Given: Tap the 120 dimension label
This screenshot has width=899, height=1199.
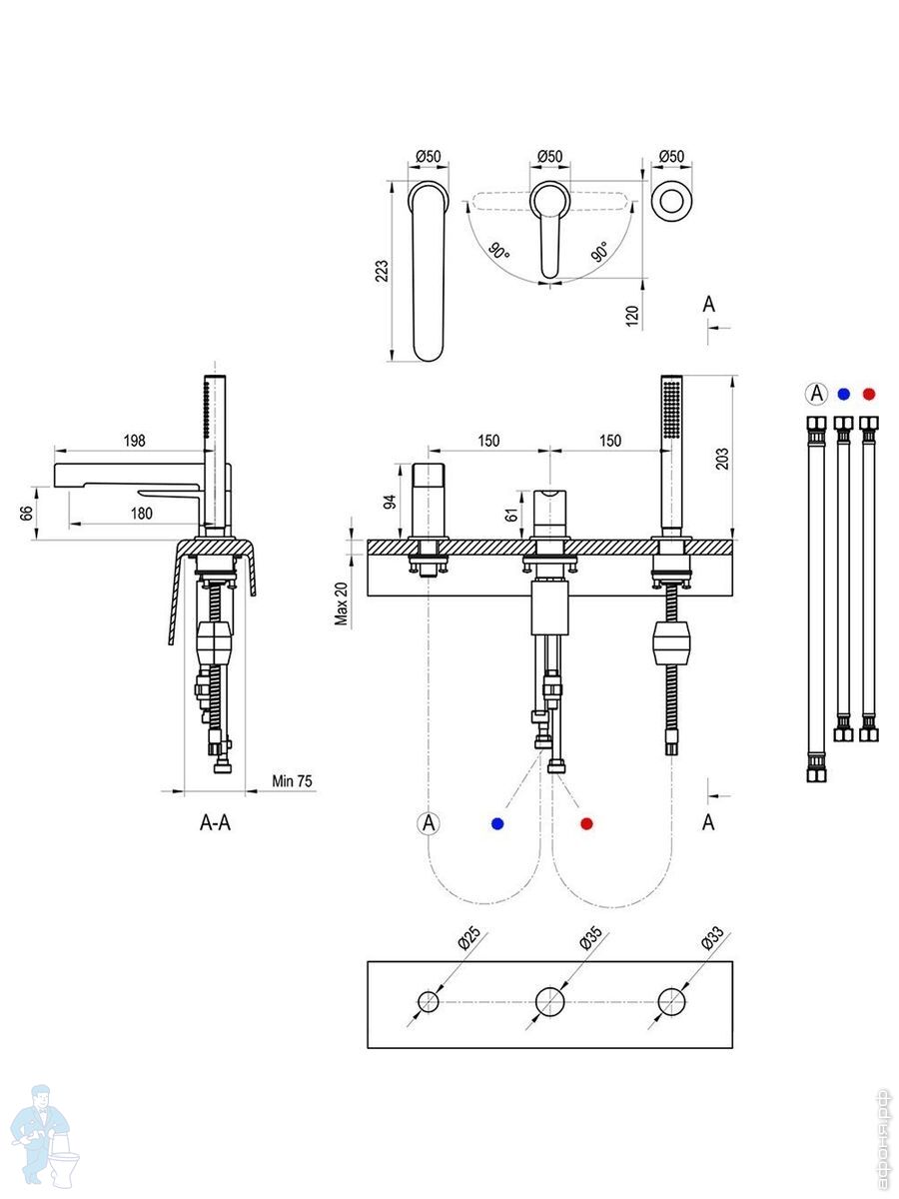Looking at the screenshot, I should tap(631, 317).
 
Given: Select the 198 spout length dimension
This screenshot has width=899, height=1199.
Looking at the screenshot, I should tap(136, 441).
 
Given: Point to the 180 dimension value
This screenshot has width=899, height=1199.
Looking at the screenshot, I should tap(141, 514).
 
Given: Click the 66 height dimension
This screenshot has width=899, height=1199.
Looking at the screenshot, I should tap(27, 514).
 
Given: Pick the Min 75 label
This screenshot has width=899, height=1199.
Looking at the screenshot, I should tap(292, 780).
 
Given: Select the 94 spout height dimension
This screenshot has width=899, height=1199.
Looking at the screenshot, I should tap(392, 500).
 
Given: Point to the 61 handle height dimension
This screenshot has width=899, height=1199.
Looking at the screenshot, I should tap(511, 516).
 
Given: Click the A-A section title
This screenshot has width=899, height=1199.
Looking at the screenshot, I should tap(216, 823).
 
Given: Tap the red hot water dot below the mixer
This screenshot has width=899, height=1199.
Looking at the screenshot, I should tap(586, 823).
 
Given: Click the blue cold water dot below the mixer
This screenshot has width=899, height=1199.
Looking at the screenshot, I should tap(497, 823).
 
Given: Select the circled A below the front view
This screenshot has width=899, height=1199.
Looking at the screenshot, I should tap(429, 823).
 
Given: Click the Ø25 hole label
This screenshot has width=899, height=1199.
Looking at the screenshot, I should tap(467, 939).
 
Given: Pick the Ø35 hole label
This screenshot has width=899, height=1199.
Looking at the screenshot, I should tap(589, 939).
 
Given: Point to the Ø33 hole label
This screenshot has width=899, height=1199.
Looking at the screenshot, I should tap(711, 939).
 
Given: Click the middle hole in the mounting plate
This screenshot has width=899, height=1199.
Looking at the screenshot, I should tap(549, 1000).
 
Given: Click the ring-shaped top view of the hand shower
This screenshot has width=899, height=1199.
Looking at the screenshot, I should tap(671, 199).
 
